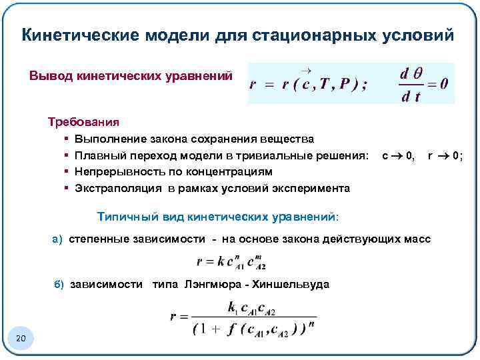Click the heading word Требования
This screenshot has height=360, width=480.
pos(83,122)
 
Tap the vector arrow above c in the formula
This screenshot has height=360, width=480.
pos(306,70)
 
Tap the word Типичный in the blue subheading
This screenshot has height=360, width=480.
pos(123,217)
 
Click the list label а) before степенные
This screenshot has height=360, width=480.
pos(58,239)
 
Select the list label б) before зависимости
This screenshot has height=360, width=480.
pos(58,285)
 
